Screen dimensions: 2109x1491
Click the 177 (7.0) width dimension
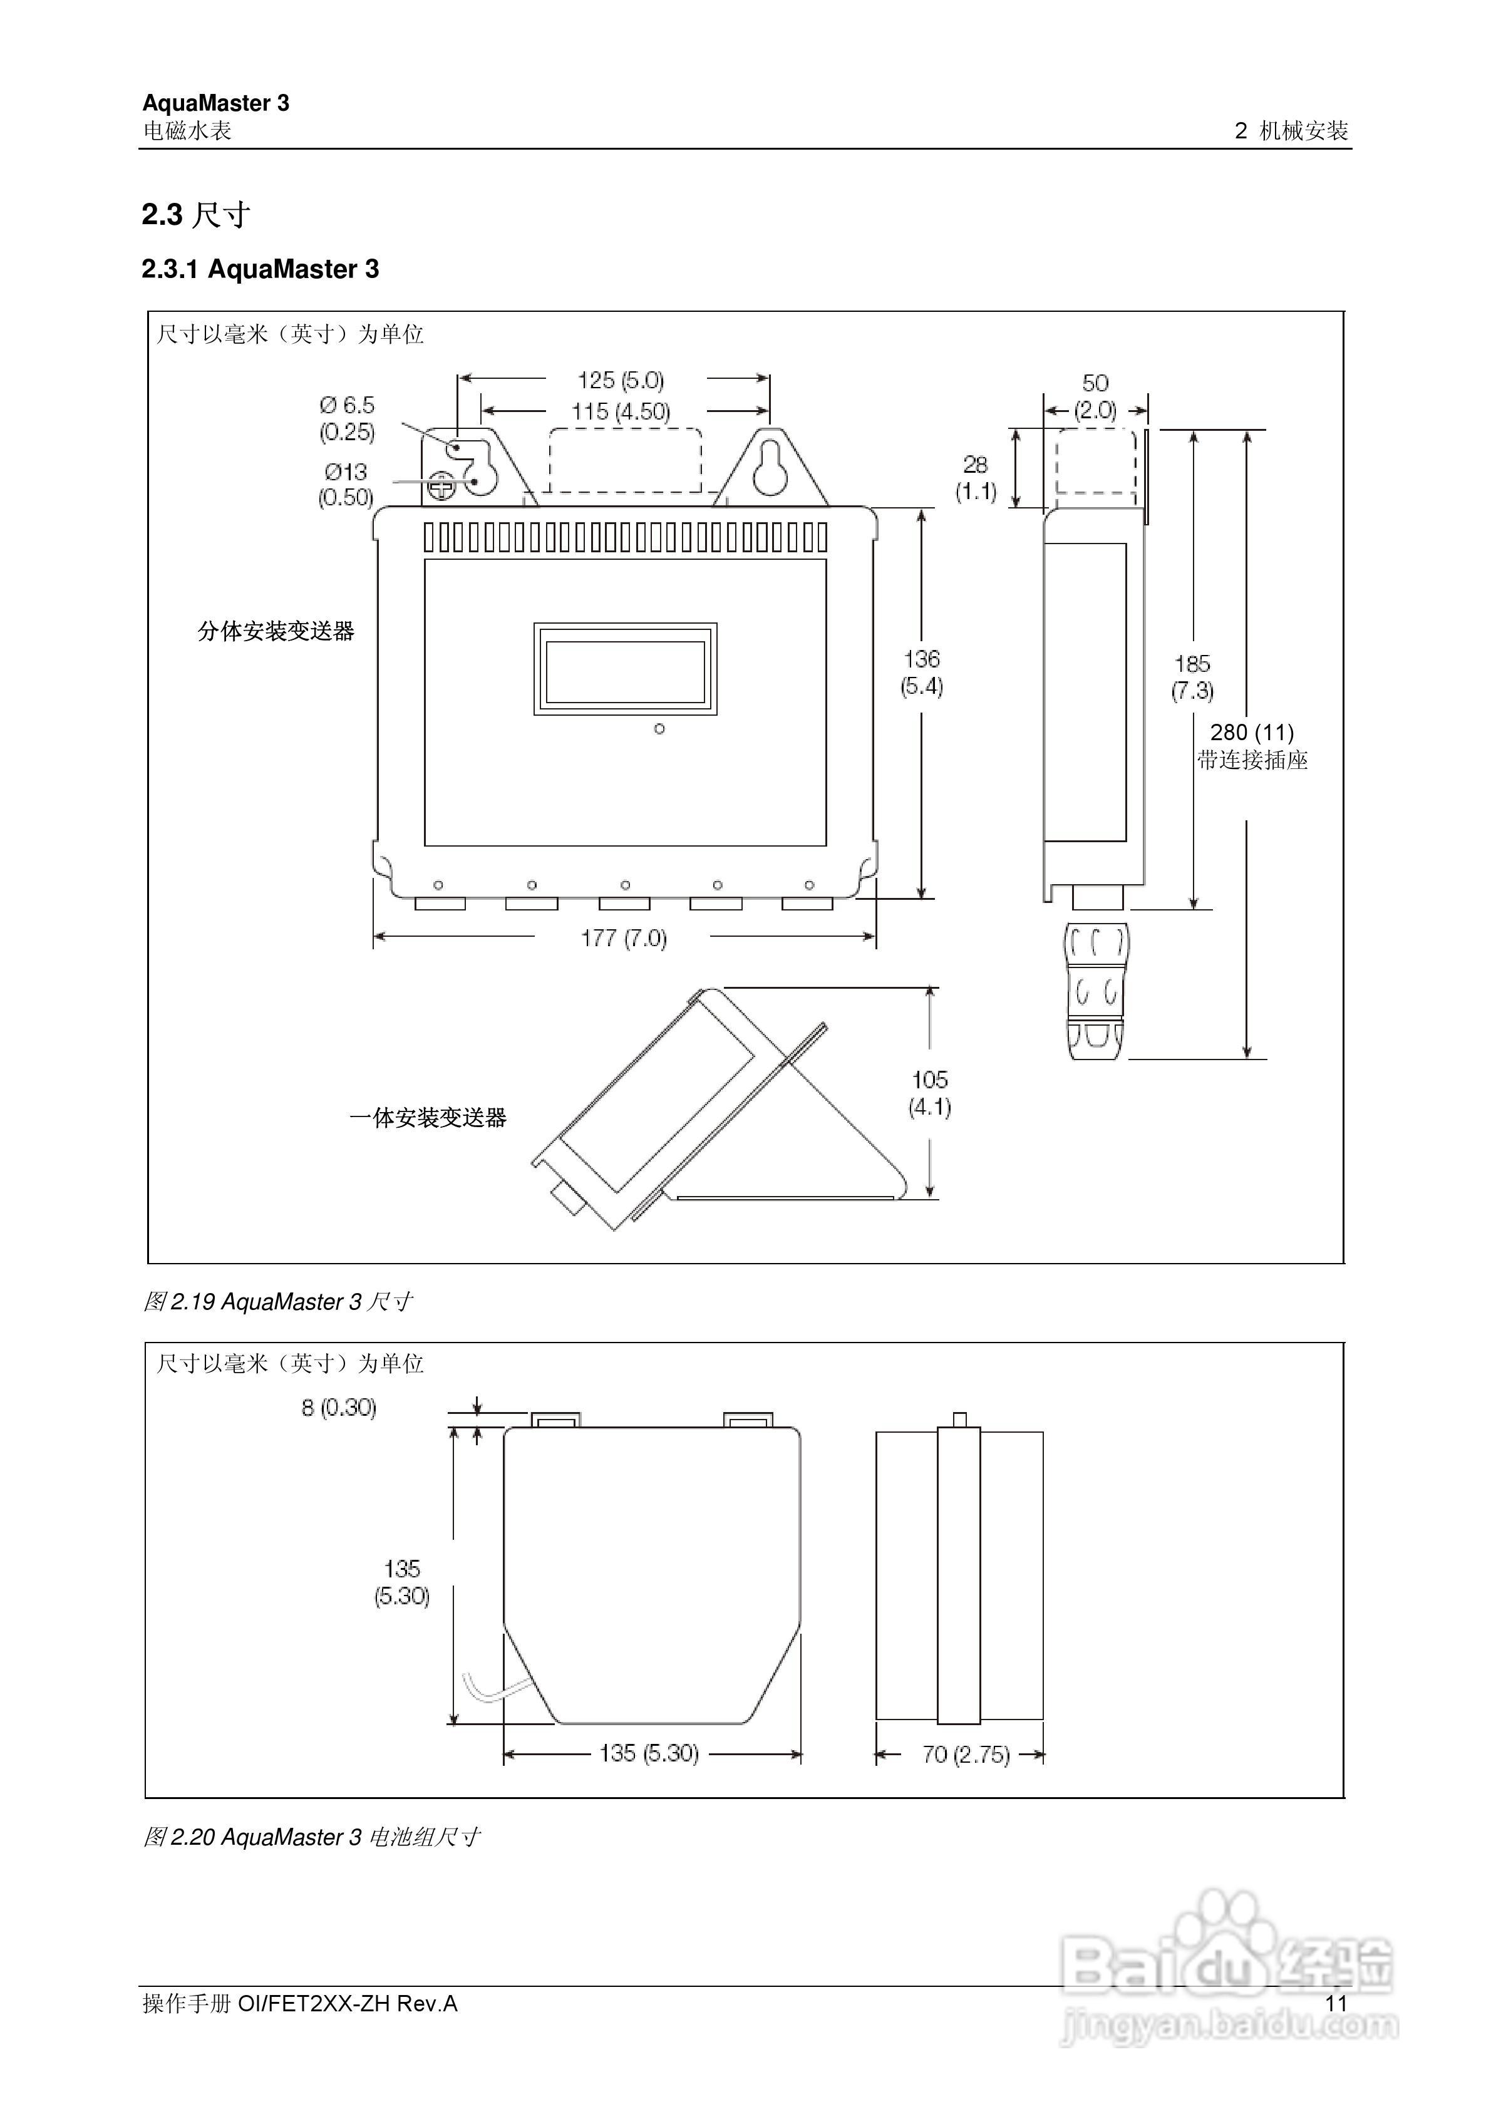[x=623, y=938]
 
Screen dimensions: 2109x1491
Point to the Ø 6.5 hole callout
[x=348, y=418]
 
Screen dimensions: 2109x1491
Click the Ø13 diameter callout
[x=346, y=484]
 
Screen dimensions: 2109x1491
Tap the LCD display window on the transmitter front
[x=625, y=669]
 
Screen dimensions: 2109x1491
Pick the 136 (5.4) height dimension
[x=921, y=673]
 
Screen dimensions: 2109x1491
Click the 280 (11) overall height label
[x=1251, y=732]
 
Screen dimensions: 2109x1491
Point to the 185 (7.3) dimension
[x=1192, y=677]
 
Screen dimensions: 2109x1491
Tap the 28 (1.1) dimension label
[x=975, y=478]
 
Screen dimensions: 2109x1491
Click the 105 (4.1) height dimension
[x=930, y=1093]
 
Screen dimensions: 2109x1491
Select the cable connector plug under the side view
[x=1095, y=992]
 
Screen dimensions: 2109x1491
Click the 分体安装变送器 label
[x=276, y=631]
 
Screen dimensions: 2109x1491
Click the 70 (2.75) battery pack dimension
[x=966, y=1755]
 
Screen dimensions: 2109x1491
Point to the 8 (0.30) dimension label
[x=338, y=1407]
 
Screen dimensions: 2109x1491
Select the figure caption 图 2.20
[x=311, y=1855]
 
